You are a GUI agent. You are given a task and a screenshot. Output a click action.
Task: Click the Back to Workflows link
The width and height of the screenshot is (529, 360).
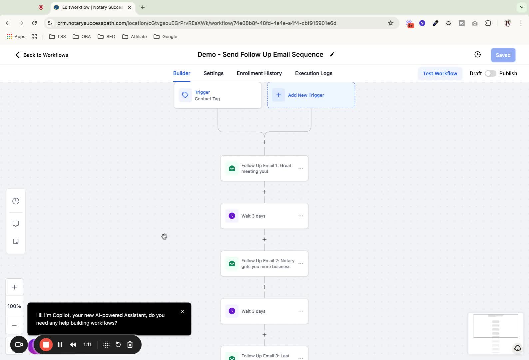[x=42, y=55]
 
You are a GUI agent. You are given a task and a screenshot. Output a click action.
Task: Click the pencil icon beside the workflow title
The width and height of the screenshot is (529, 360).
[x=332, y=55]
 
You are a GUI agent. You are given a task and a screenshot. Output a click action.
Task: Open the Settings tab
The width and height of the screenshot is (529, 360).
[x=213, y=73]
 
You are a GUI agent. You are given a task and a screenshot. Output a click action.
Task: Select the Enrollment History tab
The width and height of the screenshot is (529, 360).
[x=259, y=73]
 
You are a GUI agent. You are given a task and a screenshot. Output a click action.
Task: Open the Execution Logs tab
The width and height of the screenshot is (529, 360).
[x=313, y=73]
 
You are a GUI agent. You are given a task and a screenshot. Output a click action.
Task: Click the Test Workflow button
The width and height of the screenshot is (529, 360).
[x=440, y=74]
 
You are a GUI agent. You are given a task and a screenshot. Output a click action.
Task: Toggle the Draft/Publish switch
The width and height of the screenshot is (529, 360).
[x=490, y=74]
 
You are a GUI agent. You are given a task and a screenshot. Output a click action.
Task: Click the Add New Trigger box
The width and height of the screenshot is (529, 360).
[x=311, y=95]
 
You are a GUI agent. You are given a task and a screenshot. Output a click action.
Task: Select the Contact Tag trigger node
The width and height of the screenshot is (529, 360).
[x=218, y=95]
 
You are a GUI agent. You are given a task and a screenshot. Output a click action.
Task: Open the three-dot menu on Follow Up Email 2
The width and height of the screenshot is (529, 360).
[x=300, y=264]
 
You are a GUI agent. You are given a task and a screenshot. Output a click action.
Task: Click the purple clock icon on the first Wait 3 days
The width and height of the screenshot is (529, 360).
[x=232, y=216]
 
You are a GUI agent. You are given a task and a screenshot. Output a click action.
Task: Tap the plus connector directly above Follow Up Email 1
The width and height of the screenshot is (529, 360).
[x=264, y=142]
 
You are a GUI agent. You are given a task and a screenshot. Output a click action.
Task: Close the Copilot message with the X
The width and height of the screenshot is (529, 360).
[x=182, y=311]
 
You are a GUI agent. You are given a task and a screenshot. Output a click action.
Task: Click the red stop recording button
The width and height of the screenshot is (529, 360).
[x=46, y=345]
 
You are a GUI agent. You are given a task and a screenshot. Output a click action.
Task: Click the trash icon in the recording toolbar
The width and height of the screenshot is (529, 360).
[x=130, y=345]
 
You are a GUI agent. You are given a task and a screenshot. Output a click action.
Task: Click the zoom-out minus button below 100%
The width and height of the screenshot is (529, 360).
[x=14, y=325]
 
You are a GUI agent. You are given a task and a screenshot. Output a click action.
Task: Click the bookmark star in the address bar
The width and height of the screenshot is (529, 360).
[x=390, y=23]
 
